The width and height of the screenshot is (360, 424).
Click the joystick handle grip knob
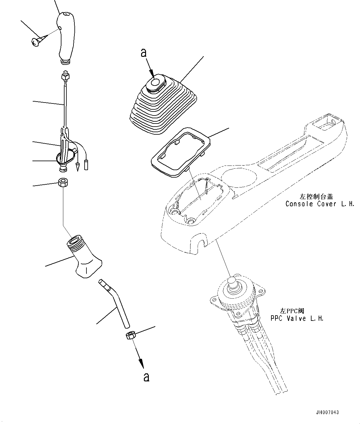(65, 37)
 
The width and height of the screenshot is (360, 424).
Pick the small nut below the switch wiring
(64, 183)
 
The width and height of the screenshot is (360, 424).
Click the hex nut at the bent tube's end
(130, 335)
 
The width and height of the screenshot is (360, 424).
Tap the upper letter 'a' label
(143, 53)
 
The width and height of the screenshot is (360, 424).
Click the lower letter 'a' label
(147, 377)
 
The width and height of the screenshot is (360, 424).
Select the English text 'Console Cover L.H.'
(320, 204)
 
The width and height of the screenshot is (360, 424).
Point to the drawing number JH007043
(327, 412)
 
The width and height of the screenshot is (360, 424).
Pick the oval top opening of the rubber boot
(156, 82)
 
